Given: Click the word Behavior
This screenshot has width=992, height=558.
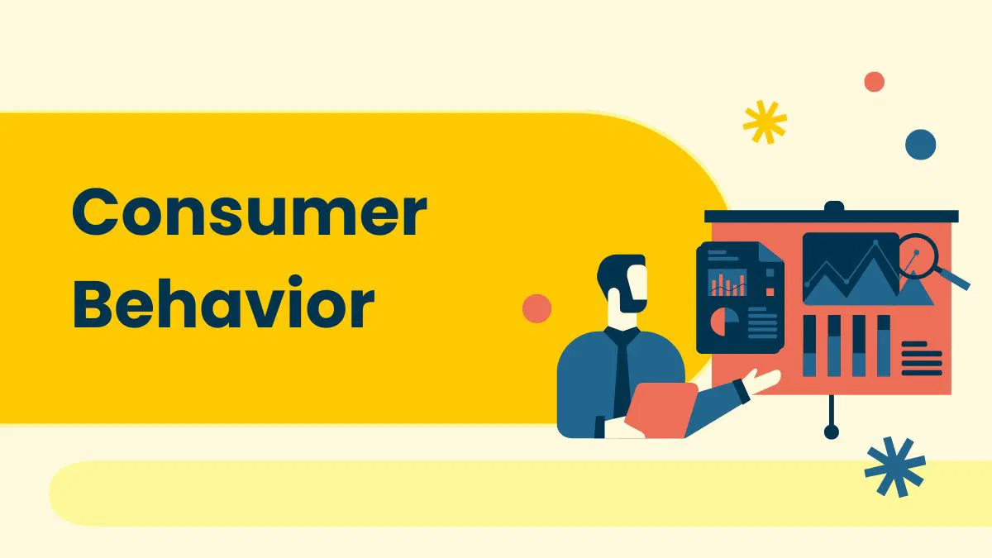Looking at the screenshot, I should click(x=223, y=305).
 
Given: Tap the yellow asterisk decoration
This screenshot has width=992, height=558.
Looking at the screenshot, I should click(x=765, y=122).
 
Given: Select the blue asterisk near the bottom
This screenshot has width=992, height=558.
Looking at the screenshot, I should click(x=894, y=467).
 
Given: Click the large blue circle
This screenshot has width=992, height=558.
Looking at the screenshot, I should click(x=920, y=145).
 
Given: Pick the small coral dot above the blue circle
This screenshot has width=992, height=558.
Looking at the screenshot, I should click(x=874, y=82).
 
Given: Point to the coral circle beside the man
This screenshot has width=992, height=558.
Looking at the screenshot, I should click(x=537, y=308).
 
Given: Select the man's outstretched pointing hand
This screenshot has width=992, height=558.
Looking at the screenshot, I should click(x=762, y=381).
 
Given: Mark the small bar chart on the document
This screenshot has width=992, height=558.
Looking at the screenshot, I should click(x=727, y=283).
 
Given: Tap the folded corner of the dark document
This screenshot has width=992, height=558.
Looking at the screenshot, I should click(x=772, y=257).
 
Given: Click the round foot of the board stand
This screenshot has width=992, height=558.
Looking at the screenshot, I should click(x=832, y=432).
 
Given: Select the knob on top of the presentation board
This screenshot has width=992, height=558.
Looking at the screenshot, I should click(x=833, y=206).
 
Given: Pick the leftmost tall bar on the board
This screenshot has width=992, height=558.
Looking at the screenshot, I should click(x=809, y=345).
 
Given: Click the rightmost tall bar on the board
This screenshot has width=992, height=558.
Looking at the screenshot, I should click(x=884, y=345).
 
